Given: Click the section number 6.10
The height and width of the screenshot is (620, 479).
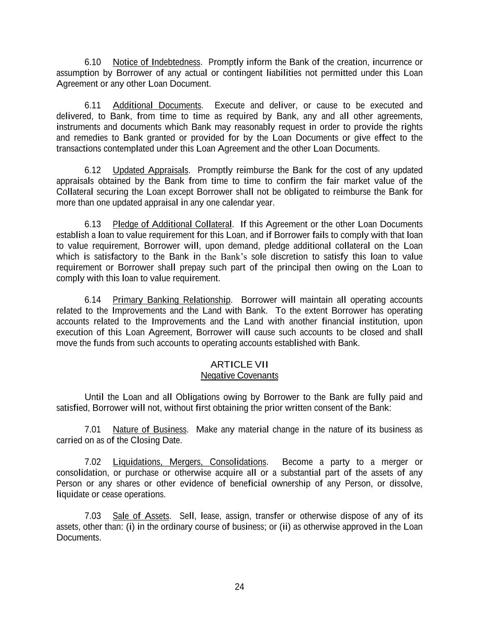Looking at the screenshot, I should [x=93, y=62].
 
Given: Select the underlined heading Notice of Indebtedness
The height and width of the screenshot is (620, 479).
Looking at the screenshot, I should [x=156, y=62].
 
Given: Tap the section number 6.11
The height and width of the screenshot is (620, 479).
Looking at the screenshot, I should [x=93, y=106].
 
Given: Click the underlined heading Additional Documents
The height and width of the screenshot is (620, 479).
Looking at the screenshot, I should [x=157, y=106].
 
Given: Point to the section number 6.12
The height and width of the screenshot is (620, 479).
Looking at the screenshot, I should [x=93, y=170].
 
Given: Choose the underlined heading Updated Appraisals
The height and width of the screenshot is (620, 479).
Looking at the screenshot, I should [x=150, y=170].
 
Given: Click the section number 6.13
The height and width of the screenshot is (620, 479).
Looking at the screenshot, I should [x=93, y=224].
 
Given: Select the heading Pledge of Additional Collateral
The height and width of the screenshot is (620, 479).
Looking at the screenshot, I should [x=172, y=224].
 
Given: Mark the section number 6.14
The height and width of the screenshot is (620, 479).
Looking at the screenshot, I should [x=93, y=300].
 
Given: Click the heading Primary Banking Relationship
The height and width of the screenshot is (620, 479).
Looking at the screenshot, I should [x=172, y=300].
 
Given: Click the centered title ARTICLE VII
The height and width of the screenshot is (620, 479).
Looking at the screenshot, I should [x=239, y=365].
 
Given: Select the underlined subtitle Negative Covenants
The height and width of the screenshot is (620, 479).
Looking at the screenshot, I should [x=239, y=376].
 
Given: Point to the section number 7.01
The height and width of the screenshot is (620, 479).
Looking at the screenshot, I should [x=93, y=430].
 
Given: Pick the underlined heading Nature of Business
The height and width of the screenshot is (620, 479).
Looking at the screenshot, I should [x=149, y=430].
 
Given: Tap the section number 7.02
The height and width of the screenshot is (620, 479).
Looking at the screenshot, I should [x=93, y=462].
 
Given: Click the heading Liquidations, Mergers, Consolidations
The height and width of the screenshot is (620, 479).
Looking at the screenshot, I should [x=189, y=462].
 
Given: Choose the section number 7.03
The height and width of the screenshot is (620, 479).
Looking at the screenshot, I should [x=93, y=516].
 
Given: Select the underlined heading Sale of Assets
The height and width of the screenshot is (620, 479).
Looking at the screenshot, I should [x=141, y=516].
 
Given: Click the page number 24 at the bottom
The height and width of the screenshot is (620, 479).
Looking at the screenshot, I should [x=239, y=587].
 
